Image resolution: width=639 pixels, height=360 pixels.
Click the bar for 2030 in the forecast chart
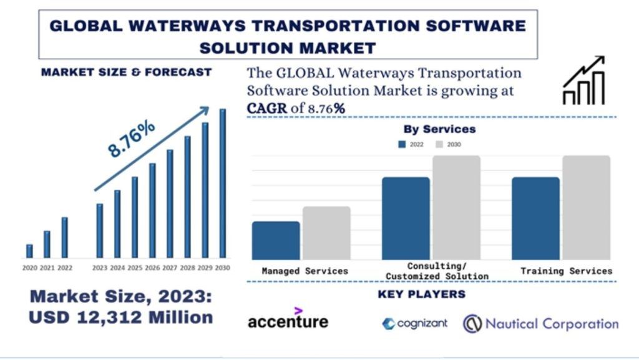pos(222,183)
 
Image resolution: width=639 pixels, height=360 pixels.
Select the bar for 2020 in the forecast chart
pos(29,251)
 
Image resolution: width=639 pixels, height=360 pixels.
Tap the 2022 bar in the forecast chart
pos(64,237)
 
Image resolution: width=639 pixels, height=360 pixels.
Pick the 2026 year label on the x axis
pos(152,268)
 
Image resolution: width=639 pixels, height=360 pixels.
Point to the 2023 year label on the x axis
pos(99,268)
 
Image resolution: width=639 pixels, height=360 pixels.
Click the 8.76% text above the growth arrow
pos(131,139)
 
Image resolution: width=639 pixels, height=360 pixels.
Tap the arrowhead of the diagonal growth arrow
pos(204,110)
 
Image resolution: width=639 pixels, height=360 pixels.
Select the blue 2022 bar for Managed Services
pos(276,240)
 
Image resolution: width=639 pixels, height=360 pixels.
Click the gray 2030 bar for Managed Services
pos(326,233)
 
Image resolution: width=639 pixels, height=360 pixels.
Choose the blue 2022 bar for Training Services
pos(535,218)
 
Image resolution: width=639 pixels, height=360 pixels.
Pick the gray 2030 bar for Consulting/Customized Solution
pos(456,207)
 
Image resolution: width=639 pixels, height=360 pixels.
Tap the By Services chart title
pos(439,129)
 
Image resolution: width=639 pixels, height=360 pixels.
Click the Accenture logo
pos(288,319)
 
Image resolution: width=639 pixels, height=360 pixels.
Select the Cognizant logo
pos(415,323)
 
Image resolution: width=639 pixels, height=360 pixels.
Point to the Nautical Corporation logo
pos(540,323)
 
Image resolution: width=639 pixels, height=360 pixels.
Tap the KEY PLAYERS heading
pos(421,294)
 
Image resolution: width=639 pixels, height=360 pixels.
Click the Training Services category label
pos(566,271)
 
